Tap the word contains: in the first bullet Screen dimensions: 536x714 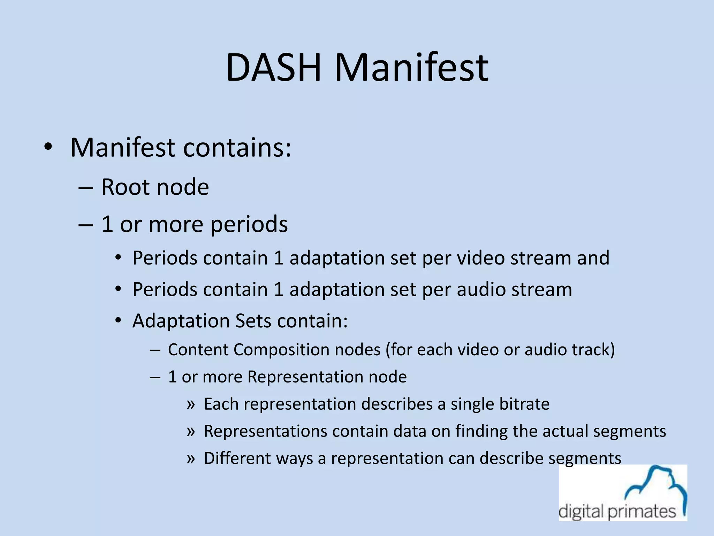click(237, 148)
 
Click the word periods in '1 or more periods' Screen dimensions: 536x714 click(249, 224)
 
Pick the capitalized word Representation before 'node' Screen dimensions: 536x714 click(303, 377)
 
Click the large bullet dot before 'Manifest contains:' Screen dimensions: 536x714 click(48, 148)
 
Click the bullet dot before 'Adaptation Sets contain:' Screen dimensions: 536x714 click(118, 321)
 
